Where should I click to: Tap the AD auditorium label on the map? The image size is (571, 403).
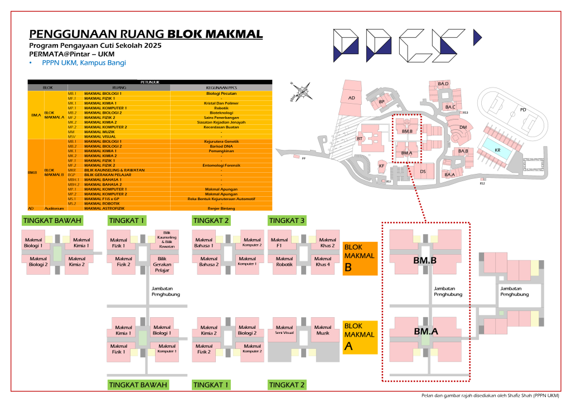pyautogui.click(x=352, y=98)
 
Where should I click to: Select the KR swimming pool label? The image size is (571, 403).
pyautogui.click(x=497, y=149)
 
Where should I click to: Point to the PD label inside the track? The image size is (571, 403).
pyautogui.click(x=522, y=109)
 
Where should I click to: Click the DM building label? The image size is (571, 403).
pyautogui.click(x=462, y=128)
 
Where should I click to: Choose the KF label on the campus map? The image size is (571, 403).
pyautogui.click(x=381, y=166)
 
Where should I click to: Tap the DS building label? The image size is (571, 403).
pyautogui.click(x=423, y=171)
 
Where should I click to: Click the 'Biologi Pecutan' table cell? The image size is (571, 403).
pyautogui.click(x=221, y=93)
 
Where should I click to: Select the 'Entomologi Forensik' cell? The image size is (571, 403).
pyautogui.click(x=221, y=165)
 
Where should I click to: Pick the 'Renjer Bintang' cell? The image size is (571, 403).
pyautogui.click(x=221, y=208)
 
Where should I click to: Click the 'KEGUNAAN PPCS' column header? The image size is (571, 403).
pyautogui.click(x=221, y=88)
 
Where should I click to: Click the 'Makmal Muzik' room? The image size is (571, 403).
pyautogui.click(x=323, y=330)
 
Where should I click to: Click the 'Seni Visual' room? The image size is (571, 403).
pyautogui.click(x=284, y=330)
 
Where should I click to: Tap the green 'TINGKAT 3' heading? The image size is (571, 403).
pyautogui.click(x=287, y=221)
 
